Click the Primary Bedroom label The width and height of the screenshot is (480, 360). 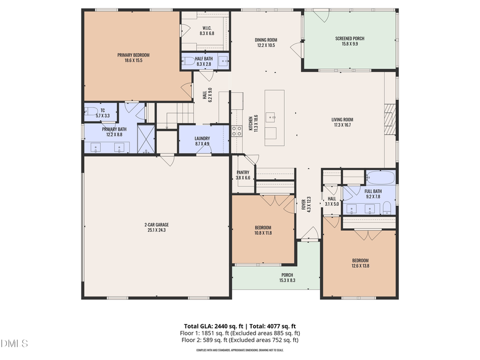click(x=133, y=55)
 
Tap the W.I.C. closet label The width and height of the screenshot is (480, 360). click(x=207, y=28)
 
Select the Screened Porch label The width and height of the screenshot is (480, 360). click(x=350, y=38)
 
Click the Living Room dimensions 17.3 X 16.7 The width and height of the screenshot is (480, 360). click(x=343, y=125)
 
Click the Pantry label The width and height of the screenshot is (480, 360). click(x=243, y=172)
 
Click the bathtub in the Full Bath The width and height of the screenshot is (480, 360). click(x=381, y=178)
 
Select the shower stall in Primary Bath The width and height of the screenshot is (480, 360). click(x=146, y=138)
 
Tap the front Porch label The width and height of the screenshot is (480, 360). click(x=287, y=275)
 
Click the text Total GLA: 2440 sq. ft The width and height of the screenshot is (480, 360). click(x=210, y=326)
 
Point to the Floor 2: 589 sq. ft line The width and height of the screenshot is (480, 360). click(x=240, y=340)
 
